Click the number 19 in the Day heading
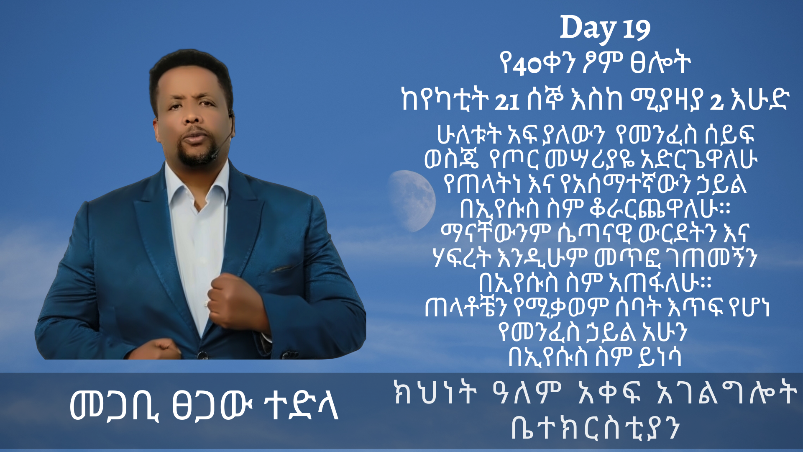pyautogui.click(x=636, y=30)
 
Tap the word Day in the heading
pyautogui.click(x=588, y=28)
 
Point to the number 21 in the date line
pyautogui.click(x=507, y=102)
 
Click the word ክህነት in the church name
pyautogui.click(x=435, y=393)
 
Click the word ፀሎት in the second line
pyautogui.click(x=660, y=64)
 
